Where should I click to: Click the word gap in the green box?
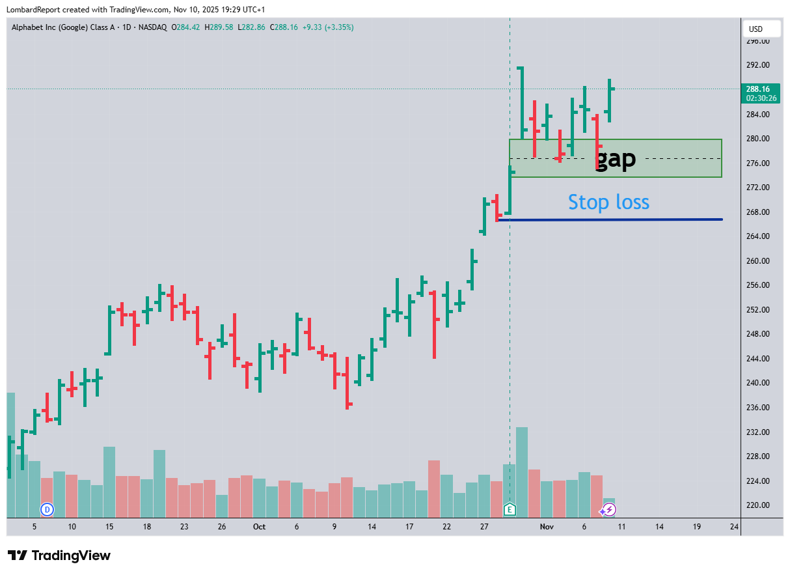pyautogui.click(x=616, y=159)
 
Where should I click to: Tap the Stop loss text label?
pyautogui.click(x=608, y=202)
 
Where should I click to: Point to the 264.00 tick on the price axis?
pyautogui.click(x=758, y=236)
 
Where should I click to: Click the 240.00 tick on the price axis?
pyautogui.click(x=758, y=383)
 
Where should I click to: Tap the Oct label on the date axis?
pyautogui.click(x=259, y=526)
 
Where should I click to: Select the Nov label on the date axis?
pyautogui.click(x=547, y=526)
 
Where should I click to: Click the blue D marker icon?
pyautogui.click(x=47, y=509)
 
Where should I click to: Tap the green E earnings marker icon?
pyautogui.click(x=510, y=509)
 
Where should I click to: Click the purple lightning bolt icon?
pyautogui.click(x=609, y=510)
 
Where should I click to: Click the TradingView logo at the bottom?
pyautogui.click(x=59, y=555)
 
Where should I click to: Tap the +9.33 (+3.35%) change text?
pyautogui.click(x=328, y=27)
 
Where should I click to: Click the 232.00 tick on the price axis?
pyautogui.click(x=758, y=432)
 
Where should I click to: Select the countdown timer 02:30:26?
pyautogui.click(x=761, y=98)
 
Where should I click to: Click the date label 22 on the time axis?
pyautogui.click(x=446, y=526)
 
